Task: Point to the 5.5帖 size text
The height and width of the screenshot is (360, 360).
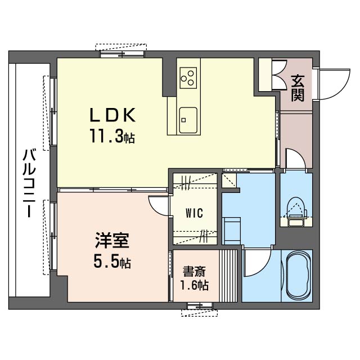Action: click(x=112, y=262)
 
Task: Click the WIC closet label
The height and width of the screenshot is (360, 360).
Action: click(x=194, y=213)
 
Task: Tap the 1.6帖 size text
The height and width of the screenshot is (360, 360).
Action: click(x=193, y=285)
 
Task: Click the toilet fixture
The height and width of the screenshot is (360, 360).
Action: click(x=295, y=209)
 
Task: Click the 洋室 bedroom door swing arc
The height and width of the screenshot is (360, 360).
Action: click(x=159, y=205)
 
